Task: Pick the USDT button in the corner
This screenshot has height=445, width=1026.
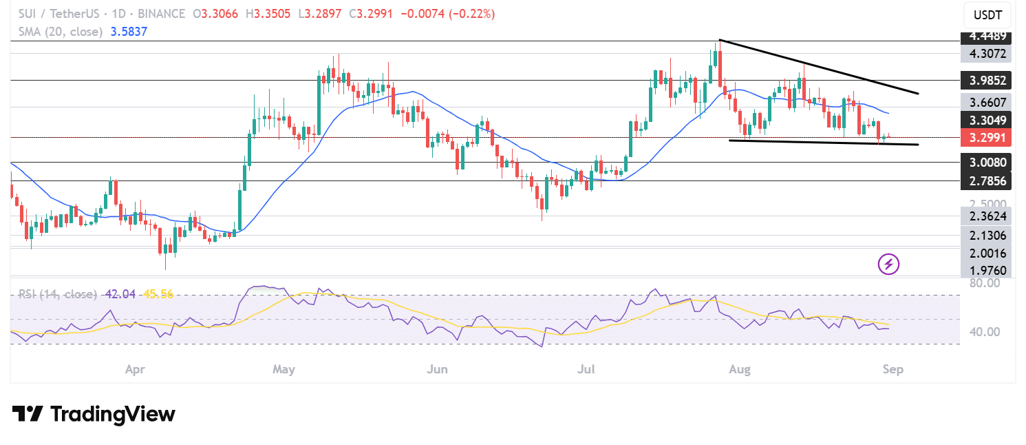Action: click(x=987, y=14)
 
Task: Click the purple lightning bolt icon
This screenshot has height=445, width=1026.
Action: click(x=888, y=263)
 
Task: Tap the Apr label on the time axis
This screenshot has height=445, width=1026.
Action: click(x=135, y=370)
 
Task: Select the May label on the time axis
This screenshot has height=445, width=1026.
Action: click(x=284, y=370)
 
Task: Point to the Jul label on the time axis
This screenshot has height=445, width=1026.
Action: click(x=587, y=370)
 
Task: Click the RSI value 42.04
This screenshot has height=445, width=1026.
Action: click(x=120, y=294)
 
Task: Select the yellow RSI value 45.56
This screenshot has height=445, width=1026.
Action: click(x=158, y=294)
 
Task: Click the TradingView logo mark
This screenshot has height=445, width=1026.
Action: click(x=28, y=414)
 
